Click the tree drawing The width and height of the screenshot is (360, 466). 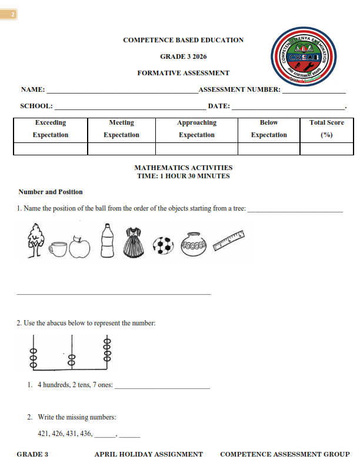click(36, 241)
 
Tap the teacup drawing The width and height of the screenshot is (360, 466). click(58, 249)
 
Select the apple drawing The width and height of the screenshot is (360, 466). click(79, 247)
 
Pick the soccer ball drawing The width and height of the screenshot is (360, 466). click(164, 245)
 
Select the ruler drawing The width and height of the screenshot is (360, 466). click(229, 241)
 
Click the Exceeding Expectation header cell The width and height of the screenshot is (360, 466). click(51, 129)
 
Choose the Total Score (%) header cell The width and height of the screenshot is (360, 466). click(326, 129)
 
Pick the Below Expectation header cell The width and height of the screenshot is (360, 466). click(269, 129)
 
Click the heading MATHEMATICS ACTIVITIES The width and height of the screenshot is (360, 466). click(184, 168)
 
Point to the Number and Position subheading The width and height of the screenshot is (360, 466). click(51, 192)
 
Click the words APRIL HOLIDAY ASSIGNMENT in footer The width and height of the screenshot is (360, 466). click(148, 454)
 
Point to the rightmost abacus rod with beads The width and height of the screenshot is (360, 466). click(107, 351)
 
